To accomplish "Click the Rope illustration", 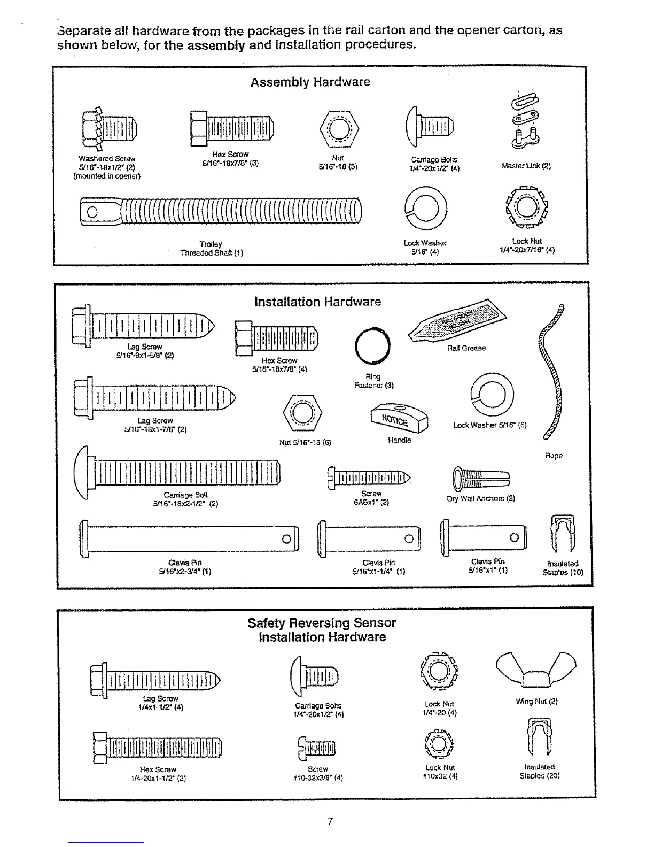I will [x=552, y=374].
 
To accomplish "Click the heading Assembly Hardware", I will [x=310, y=82].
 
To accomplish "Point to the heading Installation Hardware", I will [x=317, y=302].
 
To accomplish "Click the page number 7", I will [x=330, y=821].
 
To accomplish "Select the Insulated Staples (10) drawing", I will [x=563, y=535].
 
